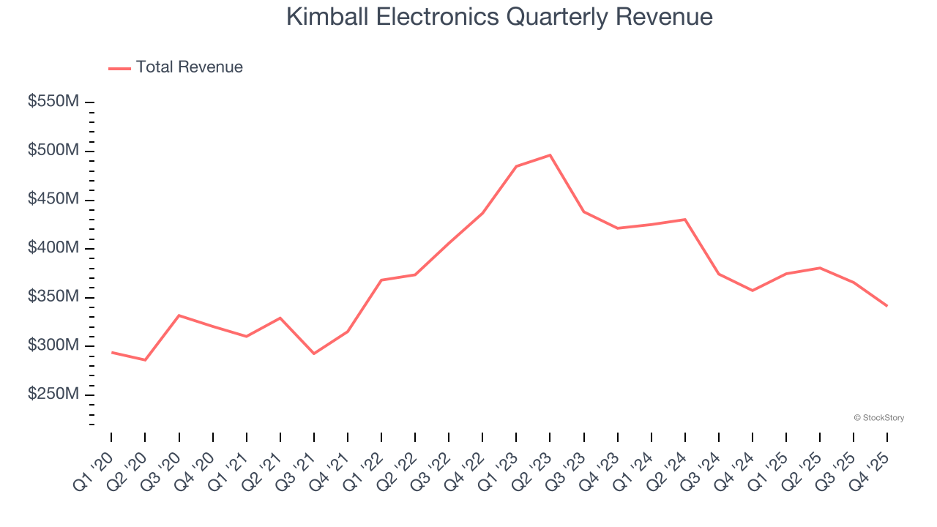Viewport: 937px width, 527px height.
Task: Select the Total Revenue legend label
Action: [189, 67]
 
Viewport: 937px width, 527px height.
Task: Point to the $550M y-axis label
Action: [53, 102]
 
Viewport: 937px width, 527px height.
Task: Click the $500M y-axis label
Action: [53, 151]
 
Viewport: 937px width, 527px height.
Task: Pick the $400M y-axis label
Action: [53, 248]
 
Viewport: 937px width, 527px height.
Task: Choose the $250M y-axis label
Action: [53, 395]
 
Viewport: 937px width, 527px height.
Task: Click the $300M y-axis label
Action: [53, 345]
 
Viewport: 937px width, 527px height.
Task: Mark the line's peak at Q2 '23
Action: [550, 155]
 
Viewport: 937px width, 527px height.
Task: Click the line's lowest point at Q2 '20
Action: [145, 360]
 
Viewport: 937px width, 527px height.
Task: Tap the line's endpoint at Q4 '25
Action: [887, 306]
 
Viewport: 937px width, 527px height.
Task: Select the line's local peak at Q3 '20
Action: [179, 315]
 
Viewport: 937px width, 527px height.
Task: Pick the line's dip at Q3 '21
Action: [314, 354]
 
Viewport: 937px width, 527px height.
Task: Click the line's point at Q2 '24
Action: [684, 220]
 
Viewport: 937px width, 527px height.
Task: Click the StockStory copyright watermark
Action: [878, 418]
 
